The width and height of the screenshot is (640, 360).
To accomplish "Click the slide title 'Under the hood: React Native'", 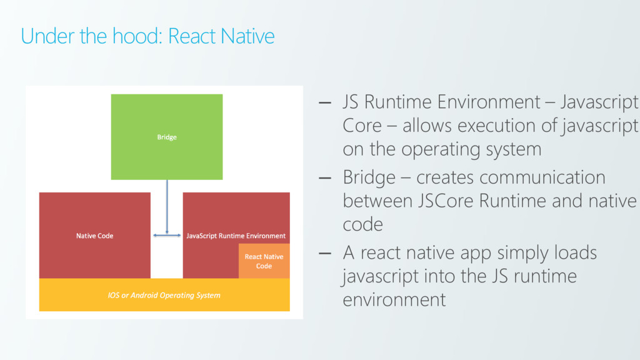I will (x=147, y=36).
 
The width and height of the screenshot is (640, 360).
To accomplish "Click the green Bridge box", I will (x=167, y=137).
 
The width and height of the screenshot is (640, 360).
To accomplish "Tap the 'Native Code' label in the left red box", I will (x=95, y=236).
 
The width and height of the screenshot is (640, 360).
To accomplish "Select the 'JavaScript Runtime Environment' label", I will (x=236, y=236).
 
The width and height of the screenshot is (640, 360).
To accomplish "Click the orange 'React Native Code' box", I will (x=264, y=261).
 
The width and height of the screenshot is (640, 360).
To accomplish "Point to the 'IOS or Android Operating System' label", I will (x=164, y=294).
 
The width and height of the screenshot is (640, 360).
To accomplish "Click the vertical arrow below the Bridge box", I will (x=167, y=206).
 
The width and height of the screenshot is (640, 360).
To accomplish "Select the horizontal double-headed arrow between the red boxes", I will (x=167, y=235).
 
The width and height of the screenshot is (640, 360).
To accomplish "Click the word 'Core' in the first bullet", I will (x=362, y=126).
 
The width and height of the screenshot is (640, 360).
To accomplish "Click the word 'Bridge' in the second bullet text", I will (x=369, y=177).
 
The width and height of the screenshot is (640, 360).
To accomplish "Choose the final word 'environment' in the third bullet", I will (x=394, y=299).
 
